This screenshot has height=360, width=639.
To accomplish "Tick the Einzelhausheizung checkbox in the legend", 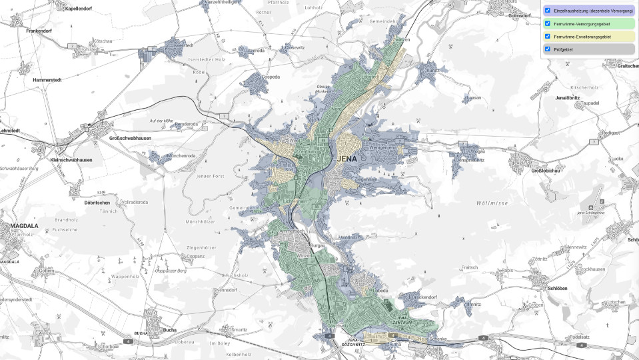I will point(548,11).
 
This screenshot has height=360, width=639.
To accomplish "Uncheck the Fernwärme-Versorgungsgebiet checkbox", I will point(548,24).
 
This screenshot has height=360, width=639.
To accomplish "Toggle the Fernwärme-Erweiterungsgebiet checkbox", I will point(548,36).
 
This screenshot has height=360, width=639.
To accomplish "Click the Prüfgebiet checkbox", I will point(548,49).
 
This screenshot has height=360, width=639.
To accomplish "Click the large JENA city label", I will point(348,159).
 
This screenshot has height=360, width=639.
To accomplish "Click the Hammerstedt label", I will point(47,80).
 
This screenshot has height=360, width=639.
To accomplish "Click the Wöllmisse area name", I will point(492,202).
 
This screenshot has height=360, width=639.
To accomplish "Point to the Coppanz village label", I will point(196,256).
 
